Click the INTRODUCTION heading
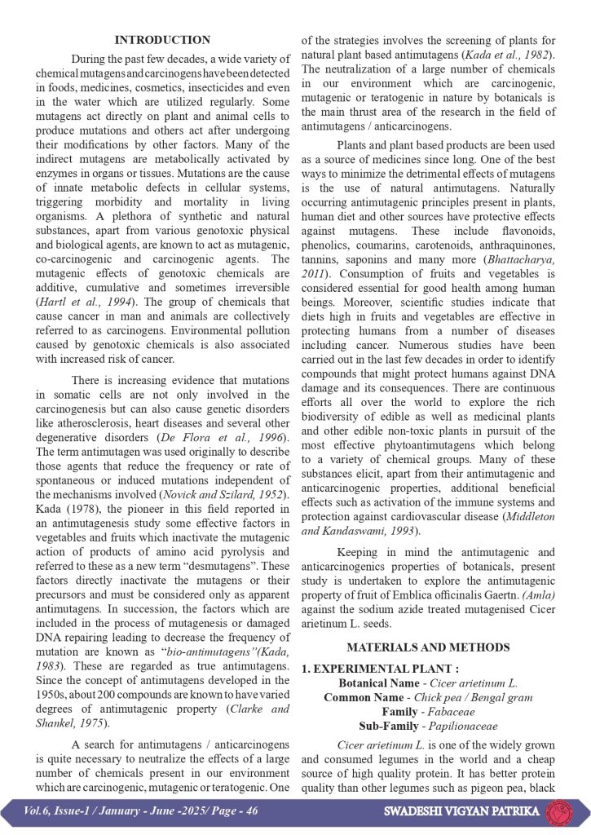pos(162,40)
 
